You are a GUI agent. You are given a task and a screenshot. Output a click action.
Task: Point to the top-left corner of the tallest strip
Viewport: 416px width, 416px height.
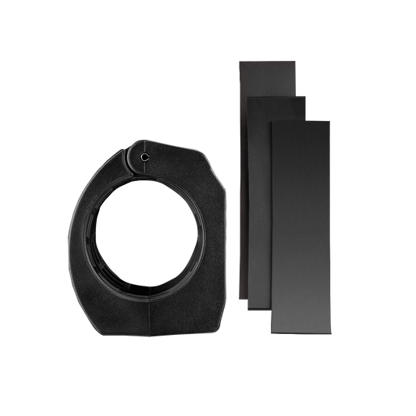point(236,57)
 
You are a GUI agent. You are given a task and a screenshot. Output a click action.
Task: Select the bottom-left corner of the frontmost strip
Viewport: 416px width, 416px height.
point(270,328)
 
